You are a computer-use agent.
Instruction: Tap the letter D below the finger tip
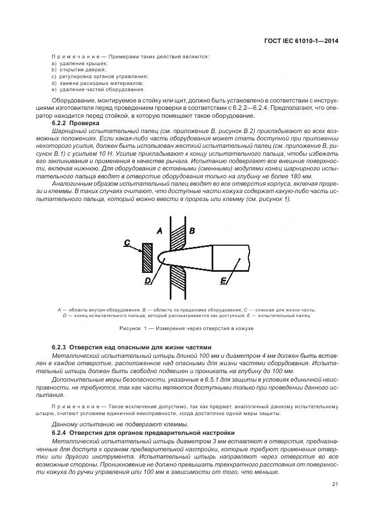148,280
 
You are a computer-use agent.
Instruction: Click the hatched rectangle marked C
148,258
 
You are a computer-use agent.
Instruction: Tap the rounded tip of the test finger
161,259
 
